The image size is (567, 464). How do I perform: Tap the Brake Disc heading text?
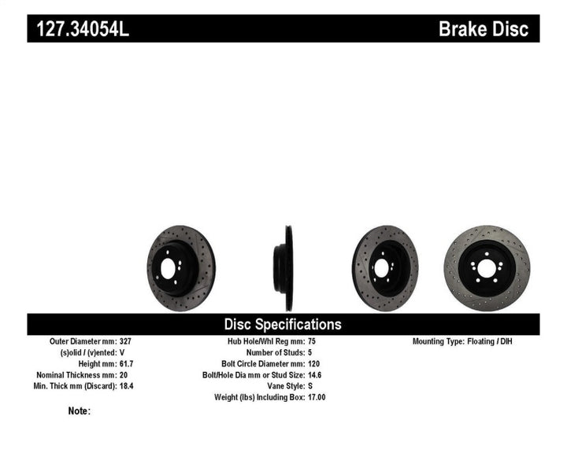(488, 29)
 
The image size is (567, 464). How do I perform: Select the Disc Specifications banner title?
(283, 324)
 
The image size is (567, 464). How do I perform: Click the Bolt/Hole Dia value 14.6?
(313, 375)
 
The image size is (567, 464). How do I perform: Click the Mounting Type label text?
(439, 342)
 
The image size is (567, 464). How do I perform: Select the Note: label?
(80, 411)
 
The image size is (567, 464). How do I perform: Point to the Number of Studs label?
(269, 353)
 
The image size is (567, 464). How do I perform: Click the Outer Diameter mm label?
(83, 342)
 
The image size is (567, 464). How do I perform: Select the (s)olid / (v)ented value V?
(124, 353)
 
